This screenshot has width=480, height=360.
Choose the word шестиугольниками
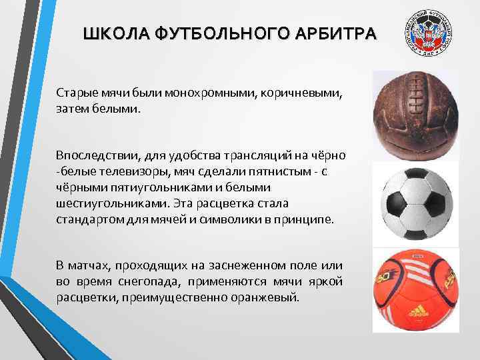pos(103,203)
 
